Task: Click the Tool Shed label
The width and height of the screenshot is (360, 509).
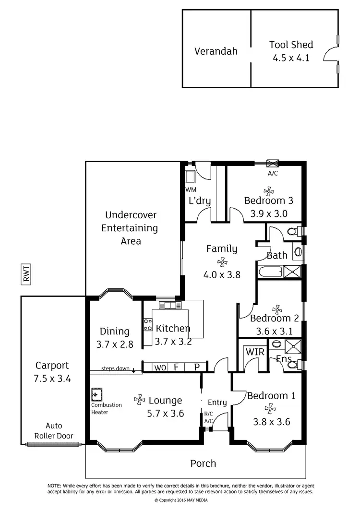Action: (291, 45)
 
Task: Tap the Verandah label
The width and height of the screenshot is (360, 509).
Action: (216, 51)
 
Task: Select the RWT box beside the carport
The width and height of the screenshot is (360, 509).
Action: (26, 273)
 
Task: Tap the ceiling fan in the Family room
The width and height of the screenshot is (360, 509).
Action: (222, 262)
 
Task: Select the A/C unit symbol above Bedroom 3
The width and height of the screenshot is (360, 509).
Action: (273, 164)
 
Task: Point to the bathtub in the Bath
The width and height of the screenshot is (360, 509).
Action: (270, 272)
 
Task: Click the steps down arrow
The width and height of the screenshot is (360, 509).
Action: (133, 369)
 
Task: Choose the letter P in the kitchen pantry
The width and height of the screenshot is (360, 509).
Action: (197, 367)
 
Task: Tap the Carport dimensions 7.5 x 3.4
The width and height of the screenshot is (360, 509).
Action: (52, 378)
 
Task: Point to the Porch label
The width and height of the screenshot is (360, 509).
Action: (203, 463)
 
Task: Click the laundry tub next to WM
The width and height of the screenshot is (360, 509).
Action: (190, 177)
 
